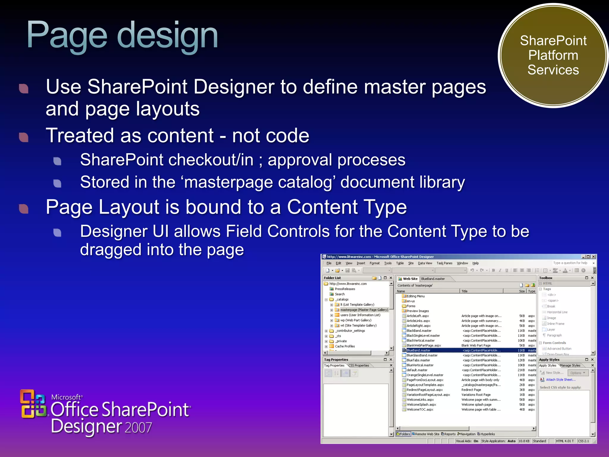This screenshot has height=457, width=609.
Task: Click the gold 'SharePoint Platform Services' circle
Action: coord(553,56)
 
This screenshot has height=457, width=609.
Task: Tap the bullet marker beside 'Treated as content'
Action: coord(23,137)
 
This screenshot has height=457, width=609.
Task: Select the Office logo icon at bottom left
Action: coord(33,404)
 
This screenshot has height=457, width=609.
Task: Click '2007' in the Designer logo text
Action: coord(138,428)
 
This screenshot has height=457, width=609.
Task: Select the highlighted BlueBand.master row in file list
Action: coord(418,350)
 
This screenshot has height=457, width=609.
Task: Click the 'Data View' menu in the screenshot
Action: coord(425,263)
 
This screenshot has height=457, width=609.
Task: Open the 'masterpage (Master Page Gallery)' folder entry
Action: coord(364,310)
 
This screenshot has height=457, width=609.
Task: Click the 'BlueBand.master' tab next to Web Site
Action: coord(433,279)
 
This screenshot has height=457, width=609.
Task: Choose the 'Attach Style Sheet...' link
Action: coord(561,380)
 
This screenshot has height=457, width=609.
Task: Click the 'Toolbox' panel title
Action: coord(546,278)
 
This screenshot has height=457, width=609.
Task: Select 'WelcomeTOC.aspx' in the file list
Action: coord(420,410)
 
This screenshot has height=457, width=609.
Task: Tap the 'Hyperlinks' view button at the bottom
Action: coord(487,434)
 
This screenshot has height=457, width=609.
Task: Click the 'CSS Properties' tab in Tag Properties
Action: coord(359,365)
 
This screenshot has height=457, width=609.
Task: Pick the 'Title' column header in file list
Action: coord(464,291)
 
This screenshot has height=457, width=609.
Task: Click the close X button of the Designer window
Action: coord(594,257)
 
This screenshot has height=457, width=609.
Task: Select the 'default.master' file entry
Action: coord(417,370)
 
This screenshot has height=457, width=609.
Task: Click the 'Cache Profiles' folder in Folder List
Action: coord(345,346)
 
